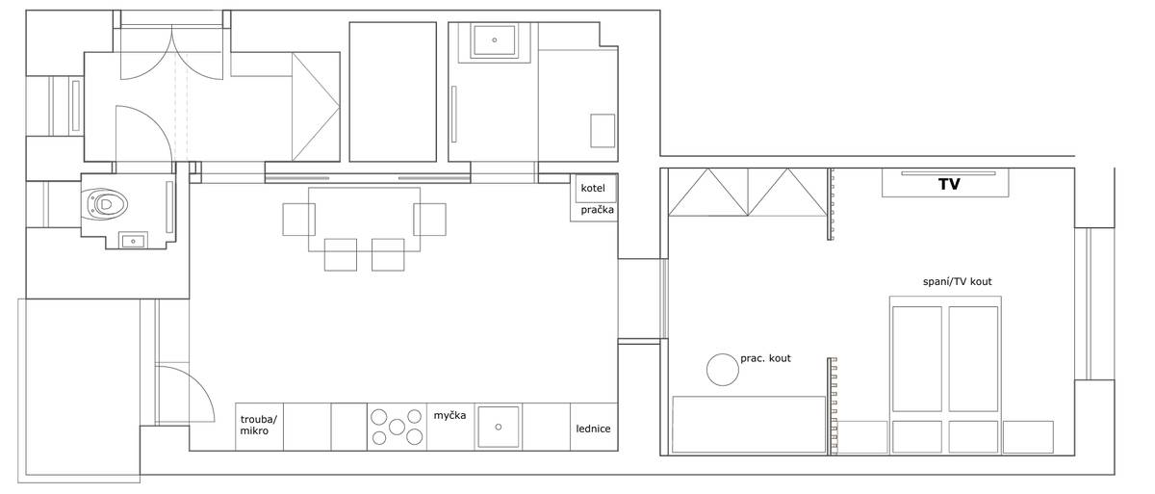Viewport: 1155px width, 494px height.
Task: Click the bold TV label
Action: click(x=949, y=184)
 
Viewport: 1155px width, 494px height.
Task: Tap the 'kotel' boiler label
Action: click(x=593, y=188)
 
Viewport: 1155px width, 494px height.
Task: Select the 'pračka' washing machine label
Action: click(x=597, y=210)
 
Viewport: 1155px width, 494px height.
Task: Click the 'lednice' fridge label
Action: click(x=593, y=429)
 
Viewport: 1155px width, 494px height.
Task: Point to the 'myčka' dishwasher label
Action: click(x=449, y=415)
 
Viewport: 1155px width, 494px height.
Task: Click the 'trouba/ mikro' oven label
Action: click(x=258, y=425)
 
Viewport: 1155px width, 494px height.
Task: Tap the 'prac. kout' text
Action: click(x=765, y=358)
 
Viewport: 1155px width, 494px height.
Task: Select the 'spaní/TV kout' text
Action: click(x=957, y=281)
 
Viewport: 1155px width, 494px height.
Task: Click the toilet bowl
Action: click(x=106, y=204)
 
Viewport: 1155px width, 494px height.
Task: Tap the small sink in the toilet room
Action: click(x=134, y=241)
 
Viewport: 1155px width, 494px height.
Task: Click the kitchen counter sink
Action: click(x=499, y=427)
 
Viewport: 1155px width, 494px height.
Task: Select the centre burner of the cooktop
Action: click(x=397, y=427)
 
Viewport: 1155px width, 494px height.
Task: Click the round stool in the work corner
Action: click(x=723, y=370)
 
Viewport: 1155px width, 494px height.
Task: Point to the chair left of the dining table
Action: click(x=298, y=220)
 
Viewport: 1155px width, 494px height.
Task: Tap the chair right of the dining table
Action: click(x=429, y=220)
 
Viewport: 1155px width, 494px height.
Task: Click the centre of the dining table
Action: click(x=364, y=220)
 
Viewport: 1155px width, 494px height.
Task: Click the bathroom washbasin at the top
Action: click(x=495, y=40)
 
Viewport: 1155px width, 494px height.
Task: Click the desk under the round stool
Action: click(x=749, y=425)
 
